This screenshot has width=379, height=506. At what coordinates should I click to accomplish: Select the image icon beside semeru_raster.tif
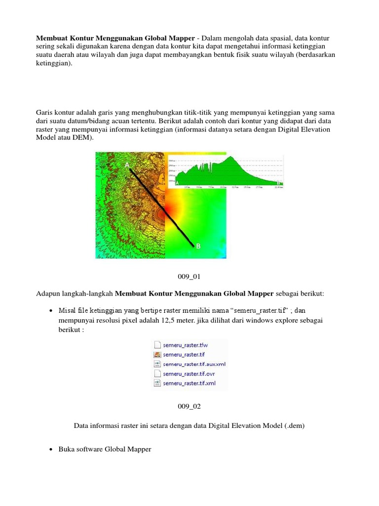pyautogui.click(x=157, y=354)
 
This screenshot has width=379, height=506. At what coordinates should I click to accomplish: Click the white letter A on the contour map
pyautogui.click(x=127, y=164)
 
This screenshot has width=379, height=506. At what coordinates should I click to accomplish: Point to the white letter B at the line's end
pyautogui.click(x=198, y=246)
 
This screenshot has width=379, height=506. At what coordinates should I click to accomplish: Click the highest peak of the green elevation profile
pyautogui.click(x=230, y=158)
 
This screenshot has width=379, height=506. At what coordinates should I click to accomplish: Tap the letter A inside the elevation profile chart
pyautogui.click(x=171, y=182)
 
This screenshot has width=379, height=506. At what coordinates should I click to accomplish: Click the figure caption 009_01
pyautogui.click(x=189, y=276)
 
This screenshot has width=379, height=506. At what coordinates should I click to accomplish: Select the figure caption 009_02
pyautogui.click(x=189, y=406)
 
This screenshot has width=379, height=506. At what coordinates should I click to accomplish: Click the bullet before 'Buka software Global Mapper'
pyautogui.click(x=52, y=449)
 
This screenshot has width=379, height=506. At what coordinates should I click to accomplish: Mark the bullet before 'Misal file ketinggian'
pyautogui.click(x=52, y=310)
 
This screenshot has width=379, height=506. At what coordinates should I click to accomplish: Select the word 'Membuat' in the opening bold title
pyautogui.click(x=52, y=39)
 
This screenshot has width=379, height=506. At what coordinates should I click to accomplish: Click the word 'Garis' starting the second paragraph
pyautogui.click(x=46, y=112)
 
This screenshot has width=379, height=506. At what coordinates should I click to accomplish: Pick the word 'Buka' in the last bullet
pyautogui.click(x=67, y=449)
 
